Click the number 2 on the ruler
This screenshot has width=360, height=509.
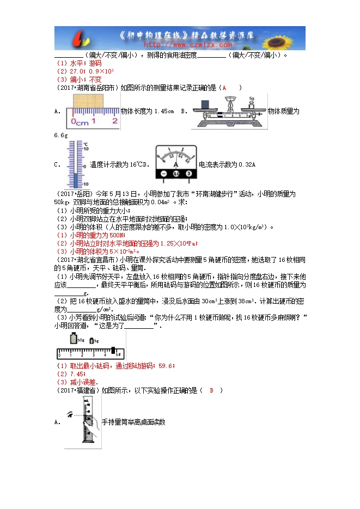point(114,121)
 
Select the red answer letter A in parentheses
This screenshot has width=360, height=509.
point(223,88)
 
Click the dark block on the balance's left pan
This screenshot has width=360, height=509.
point(205,104)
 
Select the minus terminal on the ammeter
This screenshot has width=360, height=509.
point(163,174)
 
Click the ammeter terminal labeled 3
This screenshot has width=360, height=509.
point(188,174)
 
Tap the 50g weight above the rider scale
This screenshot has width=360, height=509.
point(74,339)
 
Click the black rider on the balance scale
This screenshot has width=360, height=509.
point(113,351)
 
